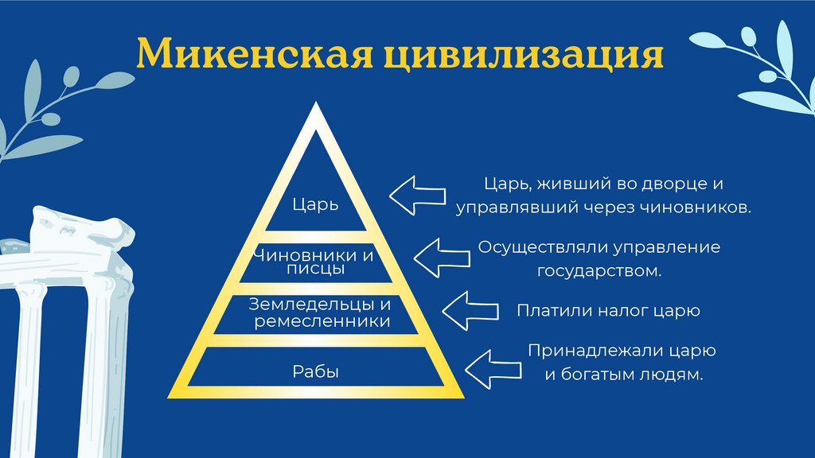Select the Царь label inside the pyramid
[315, 204]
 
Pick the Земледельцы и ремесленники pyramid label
[317, 313]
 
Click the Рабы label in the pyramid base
[315, 371]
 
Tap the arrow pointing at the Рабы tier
[493, 366]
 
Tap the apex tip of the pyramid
[315, 111]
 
